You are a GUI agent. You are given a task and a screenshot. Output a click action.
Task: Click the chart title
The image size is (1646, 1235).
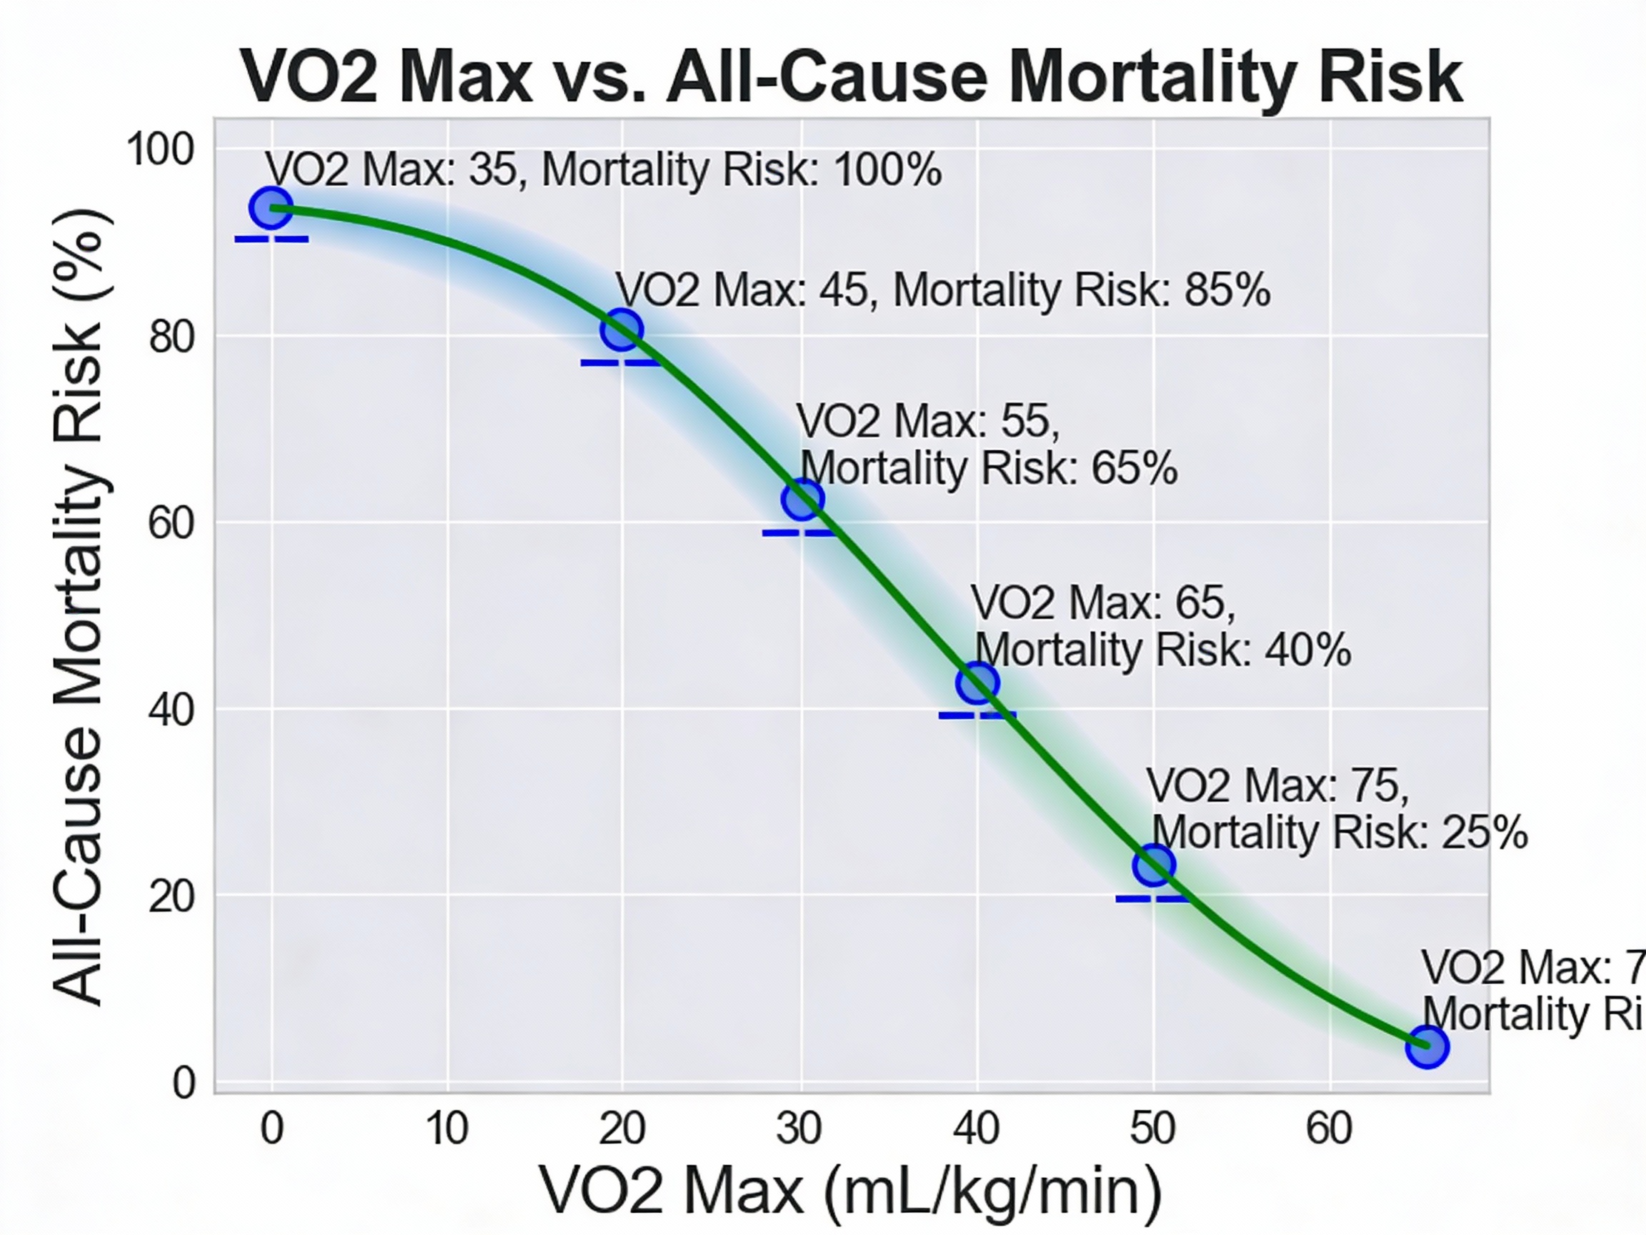click(x=851, y=76)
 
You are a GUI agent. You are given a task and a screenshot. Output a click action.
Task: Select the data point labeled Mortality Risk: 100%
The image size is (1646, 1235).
click(x=271, y=209)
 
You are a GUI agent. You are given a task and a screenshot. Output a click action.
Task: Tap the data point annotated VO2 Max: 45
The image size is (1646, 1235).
click(x=622, y=329)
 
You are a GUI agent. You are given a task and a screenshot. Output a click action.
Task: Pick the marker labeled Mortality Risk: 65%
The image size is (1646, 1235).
click(x=802, y=500)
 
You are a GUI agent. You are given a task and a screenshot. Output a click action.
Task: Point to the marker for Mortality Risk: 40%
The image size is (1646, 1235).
click(x=977, y=683)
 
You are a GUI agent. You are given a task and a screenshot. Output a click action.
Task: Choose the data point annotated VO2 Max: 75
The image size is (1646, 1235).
click(x=1153, y=865)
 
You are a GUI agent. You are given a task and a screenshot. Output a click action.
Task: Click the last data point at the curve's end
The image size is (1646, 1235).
click(x=1427, y=1046)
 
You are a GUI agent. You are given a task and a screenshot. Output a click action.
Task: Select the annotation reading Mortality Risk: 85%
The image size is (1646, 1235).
click(x=942, y=290)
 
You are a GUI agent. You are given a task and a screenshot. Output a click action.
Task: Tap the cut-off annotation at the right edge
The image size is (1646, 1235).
click(x=1532, y=991)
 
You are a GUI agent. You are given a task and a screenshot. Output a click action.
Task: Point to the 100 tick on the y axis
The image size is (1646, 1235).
click(x=160, y=149)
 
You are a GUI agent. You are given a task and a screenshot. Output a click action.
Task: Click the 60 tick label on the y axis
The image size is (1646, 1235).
click(x=171, y=523)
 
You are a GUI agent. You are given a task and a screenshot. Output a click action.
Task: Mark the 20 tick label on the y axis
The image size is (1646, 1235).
click(x=171, y=897)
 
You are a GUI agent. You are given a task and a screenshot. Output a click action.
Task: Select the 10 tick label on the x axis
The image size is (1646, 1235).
click(x=447, y=1129)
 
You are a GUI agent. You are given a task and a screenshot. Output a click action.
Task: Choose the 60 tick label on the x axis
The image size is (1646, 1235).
click(x=1329, y=1129)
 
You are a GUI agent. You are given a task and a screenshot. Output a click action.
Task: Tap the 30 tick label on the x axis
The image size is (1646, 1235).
click(x=799, y=1129)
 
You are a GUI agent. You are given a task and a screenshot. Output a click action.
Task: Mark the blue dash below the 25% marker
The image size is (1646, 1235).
click(x=1152, y=899)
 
